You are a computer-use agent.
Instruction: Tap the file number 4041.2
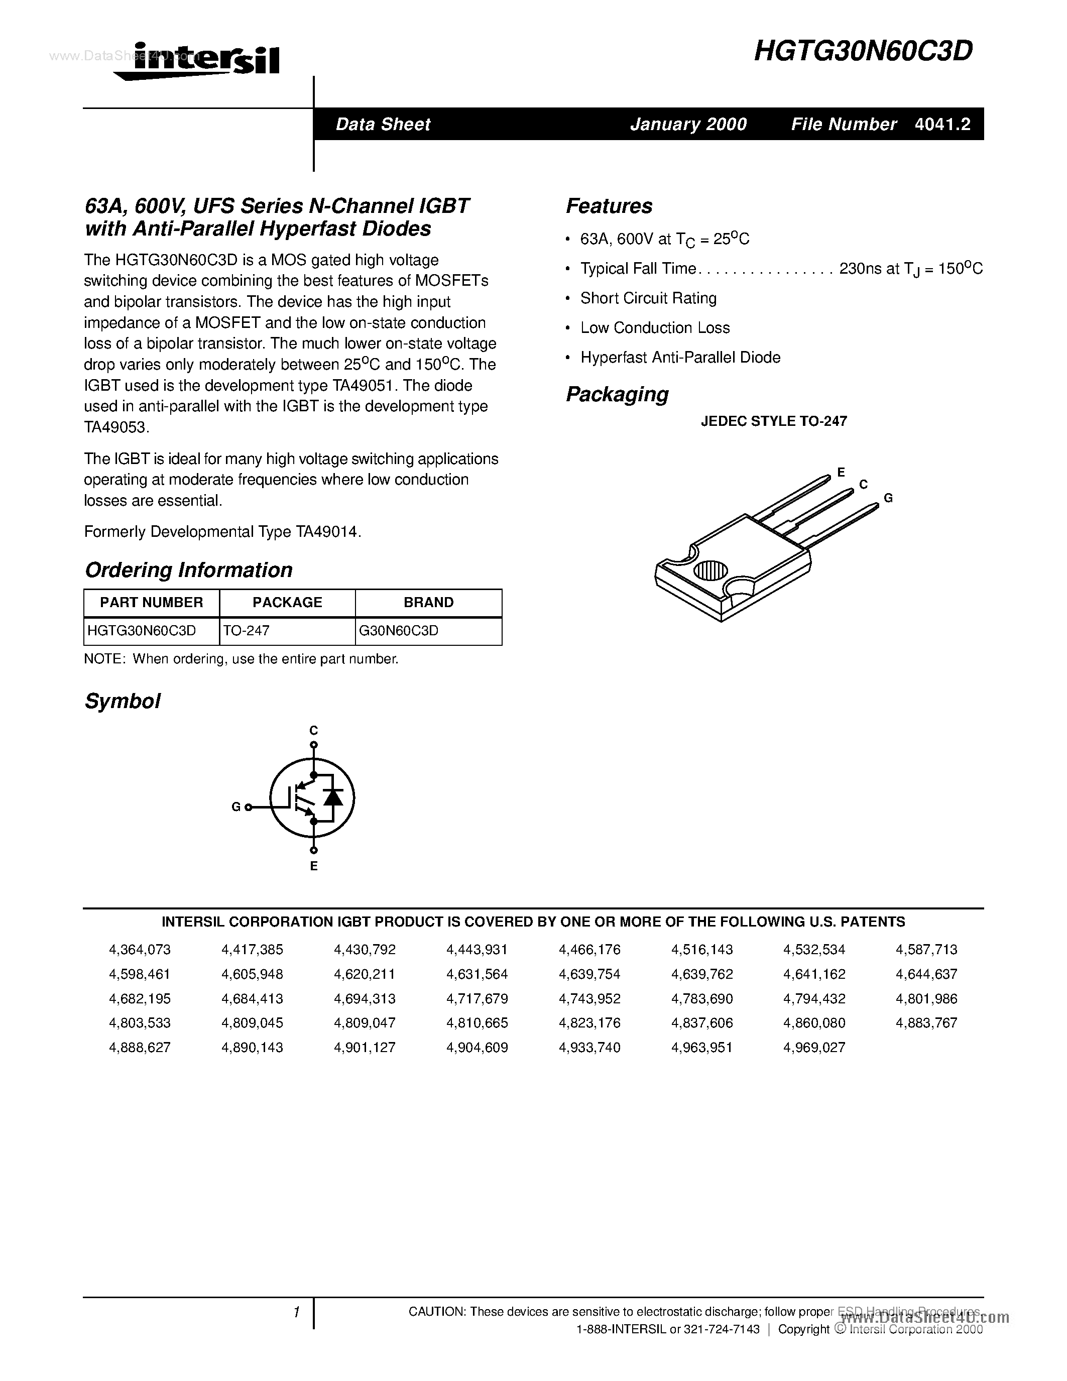click(942, 124)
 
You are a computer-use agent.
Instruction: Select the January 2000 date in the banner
click(688, 124)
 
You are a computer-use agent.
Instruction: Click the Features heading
click(609, 206)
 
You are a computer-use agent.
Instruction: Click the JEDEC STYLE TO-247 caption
click(774, 421)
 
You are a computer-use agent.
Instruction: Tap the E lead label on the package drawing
click(841, 472)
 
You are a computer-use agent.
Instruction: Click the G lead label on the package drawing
click(888, 498)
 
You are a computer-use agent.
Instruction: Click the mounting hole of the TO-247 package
click(711, 570)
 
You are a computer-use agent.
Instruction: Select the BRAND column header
click(429, 603)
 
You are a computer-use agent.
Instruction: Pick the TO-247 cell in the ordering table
click(247, 631)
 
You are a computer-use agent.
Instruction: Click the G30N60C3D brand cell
click(398, 631)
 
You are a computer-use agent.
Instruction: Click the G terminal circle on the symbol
click(249, 807)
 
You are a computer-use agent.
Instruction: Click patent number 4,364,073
click(140, 950)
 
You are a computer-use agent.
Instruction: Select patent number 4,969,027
click(814, 1048)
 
